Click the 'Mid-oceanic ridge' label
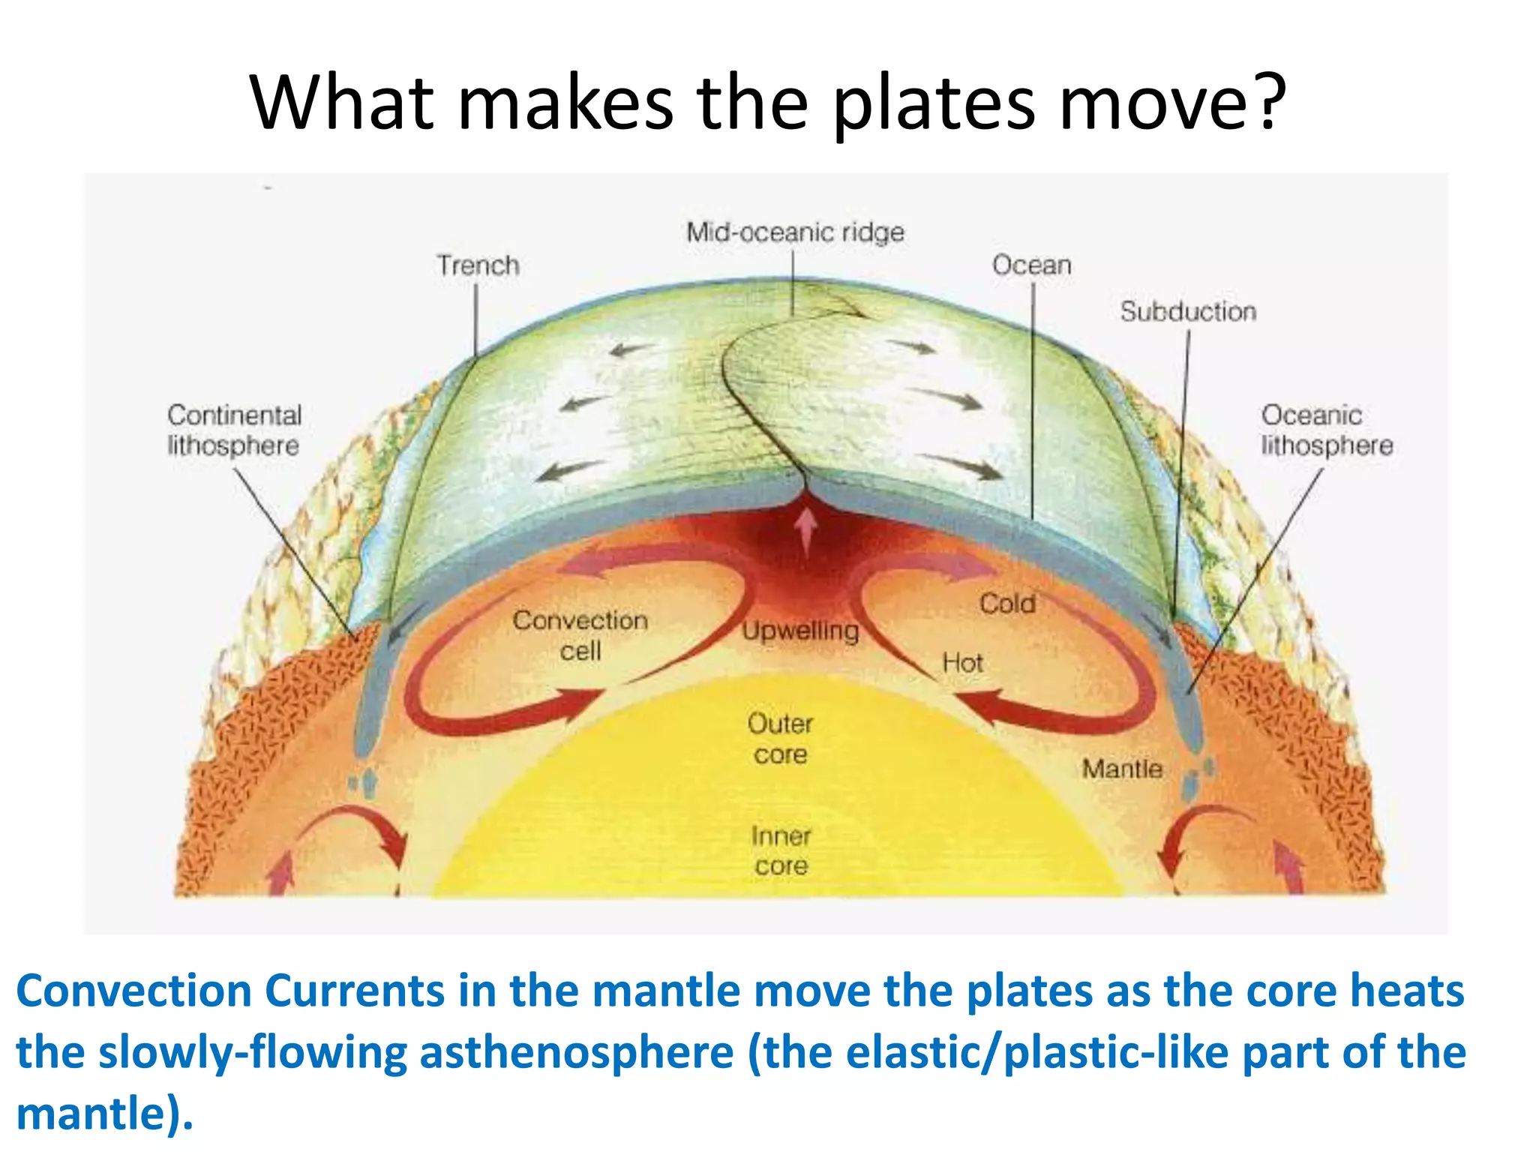(795, 232)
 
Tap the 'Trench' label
(478, 265)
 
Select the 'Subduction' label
(1188, 311)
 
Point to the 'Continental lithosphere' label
(234, 430)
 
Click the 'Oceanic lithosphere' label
(1326, 430)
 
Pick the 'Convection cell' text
(580, 635)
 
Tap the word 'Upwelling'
(800, 631)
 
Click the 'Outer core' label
(780, 739)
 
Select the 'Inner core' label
(781, 850)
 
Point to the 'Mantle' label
(1122, 769)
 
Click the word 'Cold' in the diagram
(1007, 604)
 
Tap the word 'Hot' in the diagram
(962, 663)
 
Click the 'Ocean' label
(1031, 265)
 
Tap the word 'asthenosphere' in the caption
(576, 1052)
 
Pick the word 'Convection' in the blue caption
(133, 991)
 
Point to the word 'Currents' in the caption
(355, 991)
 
